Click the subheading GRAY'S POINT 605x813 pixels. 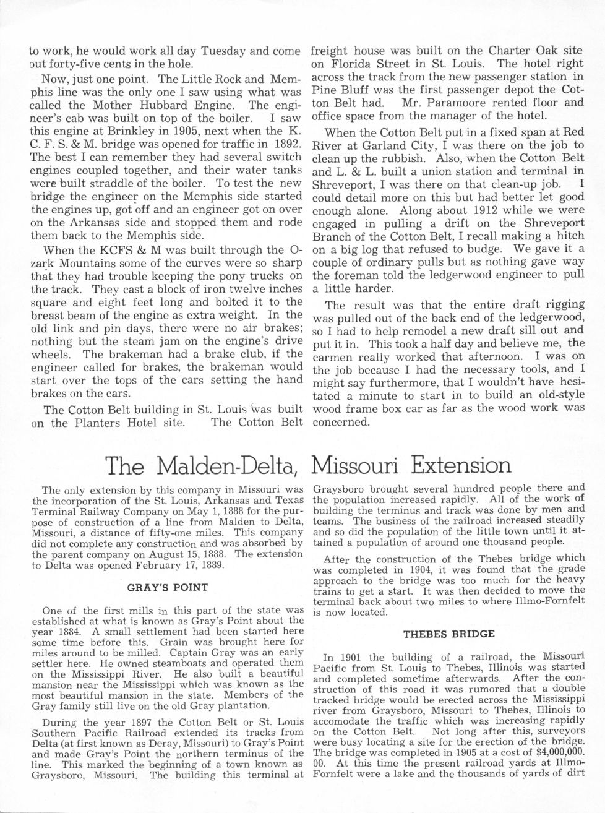[x=167, y=587]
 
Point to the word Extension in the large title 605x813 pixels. [x=461, y=465]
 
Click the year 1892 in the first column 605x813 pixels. [x=286, y=144]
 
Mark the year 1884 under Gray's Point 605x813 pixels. [x=57, y=631]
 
